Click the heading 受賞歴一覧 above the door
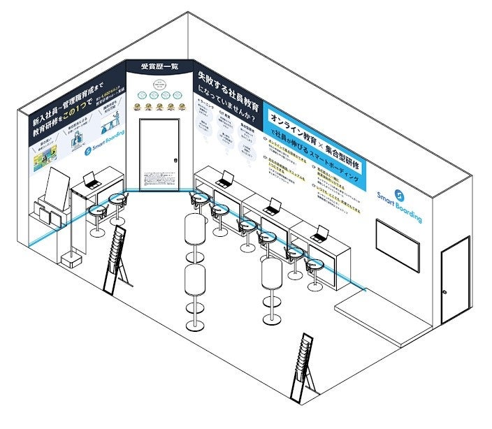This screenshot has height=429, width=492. [x=159, y=66]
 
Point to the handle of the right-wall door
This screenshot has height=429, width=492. [x=444, y=291]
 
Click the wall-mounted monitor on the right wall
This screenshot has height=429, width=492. [x=398, y=245]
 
